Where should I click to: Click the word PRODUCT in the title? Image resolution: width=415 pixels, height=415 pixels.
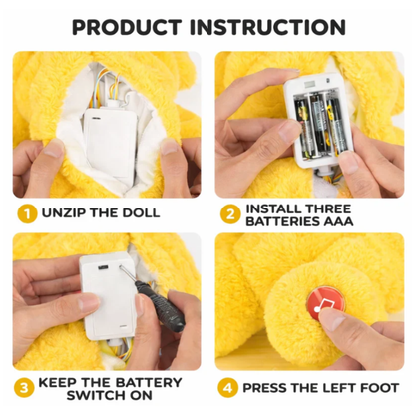[x=127, y=27]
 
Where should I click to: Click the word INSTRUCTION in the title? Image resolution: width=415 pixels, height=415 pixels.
[x=267, y=27]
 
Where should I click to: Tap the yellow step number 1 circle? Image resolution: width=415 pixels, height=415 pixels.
[x=27, y=213]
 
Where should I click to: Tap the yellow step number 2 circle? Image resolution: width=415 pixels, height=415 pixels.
[x=229, y=214]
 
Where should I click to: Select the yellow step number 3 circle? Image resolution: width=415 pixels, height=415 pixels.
[x=24, y=388]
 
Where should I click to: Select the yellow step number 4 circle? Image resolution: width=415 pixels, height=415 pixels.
[x=228, y=388]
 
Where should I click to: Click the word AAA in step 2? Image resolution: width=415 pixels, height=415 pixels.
[x=337, y=221]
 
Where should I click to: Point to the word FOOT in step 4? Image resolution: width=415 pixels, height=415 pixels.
[x=379, y=388]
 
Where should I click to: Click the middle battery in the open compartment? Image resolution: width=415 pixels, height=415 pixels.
[x=318, y=126]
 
